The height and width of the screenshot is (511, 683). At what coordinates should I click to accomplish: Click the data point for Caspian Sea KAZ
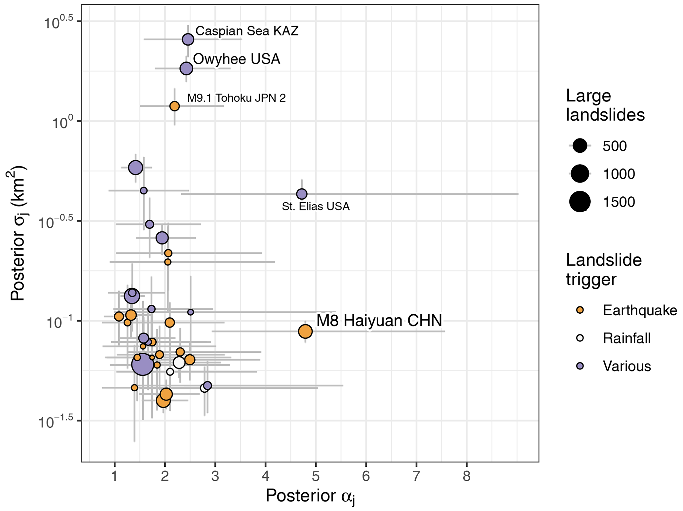point(188,39)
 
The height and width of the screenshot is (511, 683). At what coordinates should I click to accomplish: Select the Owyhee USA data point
point(186,68)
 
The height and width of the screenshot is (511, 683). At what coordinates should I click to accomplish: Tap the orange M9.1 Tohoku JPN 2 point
point(174,106)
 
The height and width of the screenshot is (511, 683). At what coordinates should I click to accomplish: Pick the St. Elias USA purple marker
point(302,194)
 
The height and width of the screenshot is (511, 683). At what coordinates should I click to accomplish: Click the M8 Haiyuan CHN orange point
point(305,331)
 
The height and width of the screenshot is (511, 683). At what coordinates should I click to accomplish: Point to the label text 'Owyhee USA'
point(237,59)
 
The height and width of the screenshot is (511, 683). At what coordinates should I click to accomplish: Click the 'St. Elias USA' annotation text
point(316,207)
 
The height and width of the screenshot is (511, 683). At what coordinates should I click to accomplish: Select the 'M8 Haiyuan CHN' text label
point(379,321)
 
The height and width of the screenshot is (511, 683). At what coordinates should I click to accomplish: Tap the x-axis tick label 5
point(316,477)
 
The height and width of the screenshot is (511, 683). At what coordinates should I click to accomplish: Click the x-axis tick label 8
point(467,477)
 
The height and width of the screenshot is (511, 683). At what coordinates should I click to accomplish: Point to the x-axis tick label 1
point(115,477)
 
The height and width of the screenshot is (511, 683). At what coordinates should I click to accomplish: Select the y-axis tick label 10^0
point(62,123)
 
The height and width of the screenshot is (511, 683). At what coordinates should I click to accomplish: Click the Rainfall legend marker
point(580,338)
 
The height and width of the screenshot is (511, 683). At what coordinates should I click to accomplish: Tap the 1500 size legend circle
point(580,202)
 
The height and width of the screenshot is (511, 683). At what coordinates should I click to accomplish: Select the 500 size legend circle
point(580,146)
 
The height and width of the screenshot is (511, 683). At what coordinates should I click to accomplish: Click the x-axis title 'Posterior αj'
point(310,496)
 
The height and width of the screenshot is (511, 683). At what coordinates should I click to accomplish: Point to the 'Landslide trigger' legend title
point(604,269)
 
